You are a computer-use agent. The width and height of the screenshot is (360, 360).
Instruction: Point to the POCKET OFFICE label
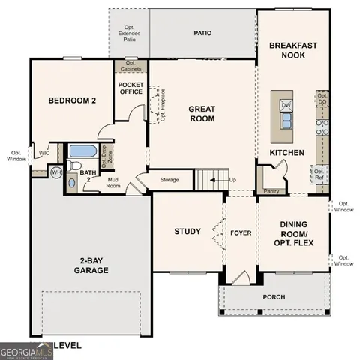(x=130, y=88)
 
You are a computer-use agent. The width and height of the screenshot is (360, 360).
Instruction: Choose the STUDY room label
(x=187, y=231)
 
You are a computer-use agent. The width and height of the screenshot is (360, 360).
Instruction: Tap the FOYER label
(x=240, y=231)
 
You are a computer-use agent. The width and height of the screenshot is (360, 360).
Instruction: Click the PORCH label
(x=274, y=297)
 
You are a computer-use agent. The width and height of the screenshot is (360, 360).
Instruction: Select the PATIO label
(x=202, y=34)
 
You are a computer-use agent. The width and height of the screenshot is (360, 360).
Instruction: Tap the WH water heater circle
(x=55, y=172)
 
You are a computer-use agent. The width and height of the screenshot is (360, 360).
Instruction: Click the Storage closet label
(x=169, y=180)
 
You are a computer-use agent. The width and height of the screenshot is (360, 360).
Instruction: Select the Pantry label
(x=271, y=191)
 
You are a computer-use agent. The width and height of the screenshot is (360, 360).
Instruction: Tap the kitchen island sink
(x=286, y=120)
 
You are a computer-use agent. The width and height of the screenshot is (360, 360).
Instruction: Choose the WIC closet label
(x=44, y=152)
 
